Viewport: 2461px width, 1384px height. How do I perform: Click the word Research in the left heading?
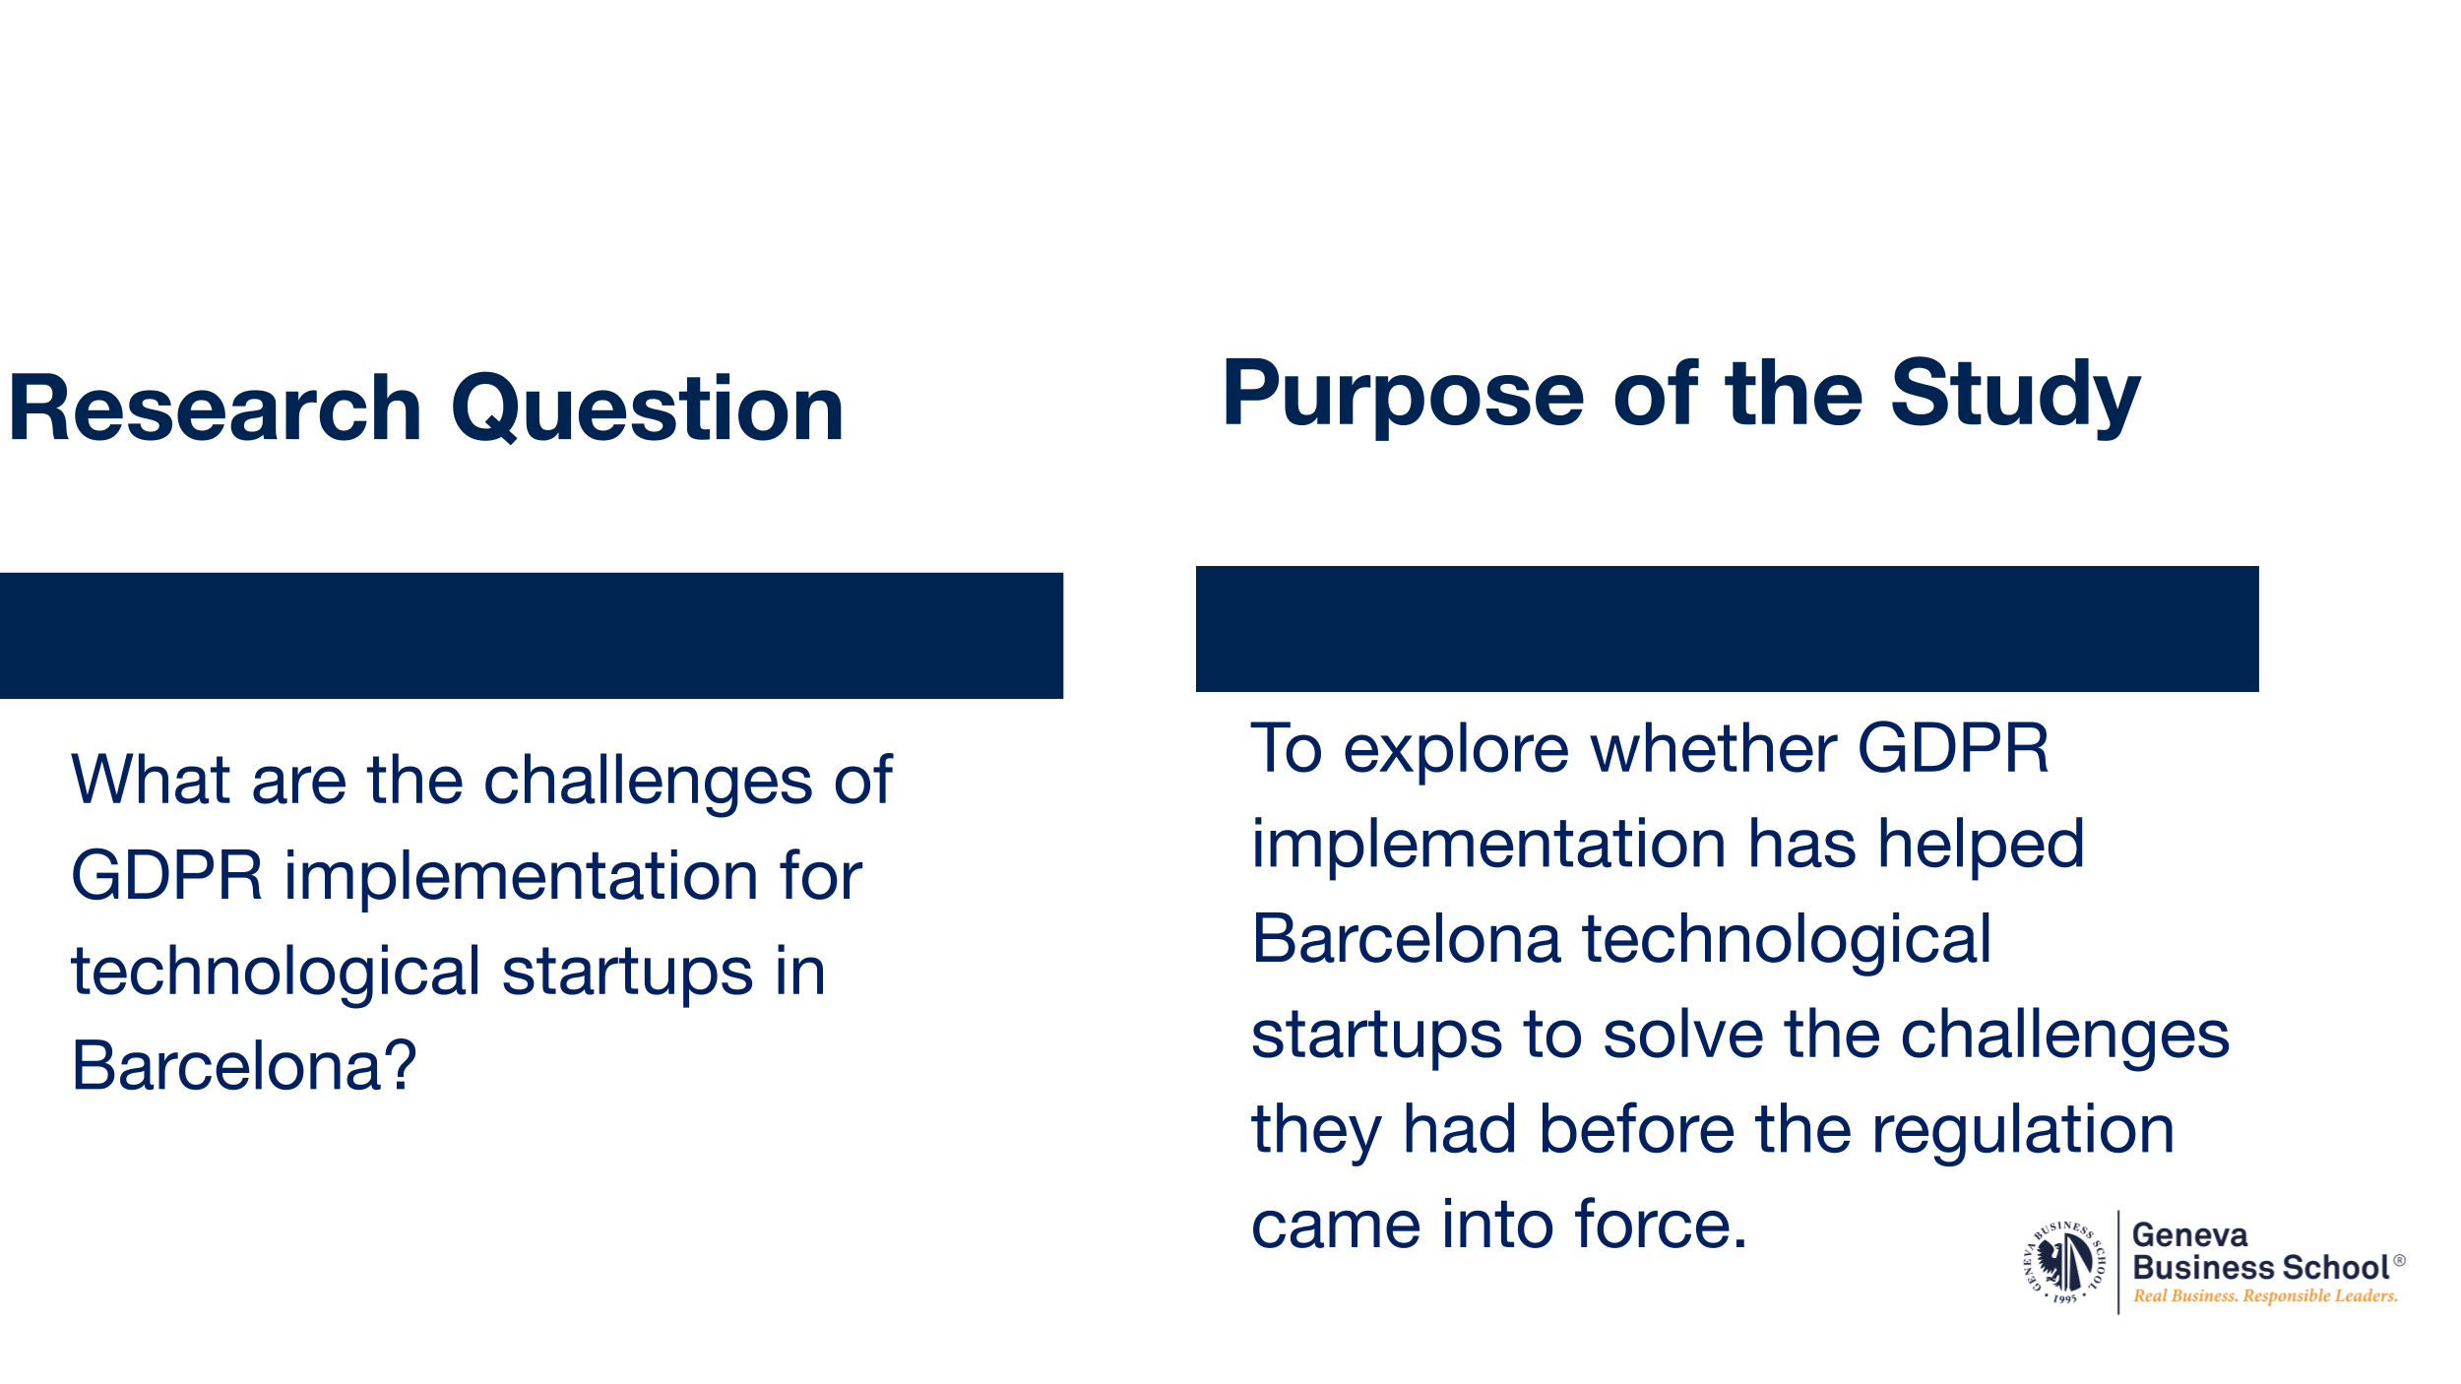click(x=216, y=409)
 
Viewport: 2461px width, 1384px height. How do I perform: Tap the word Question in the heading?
click(x=648, y=410)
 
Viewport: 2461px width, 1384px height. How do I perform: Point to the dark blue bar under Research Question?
click(x=532, y=636)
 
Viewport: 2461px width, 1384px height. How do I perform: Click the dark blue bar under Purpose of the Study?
click(x=1728, y=629)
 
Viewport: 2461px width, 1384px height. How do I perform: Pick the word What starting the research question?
click(x=151, y=780)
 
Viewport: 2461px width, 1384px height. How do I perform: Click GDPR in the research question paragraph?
click(x=167, y=875)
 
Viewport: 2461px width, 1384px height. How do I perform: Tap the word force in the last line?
click(x=1661, y=1226)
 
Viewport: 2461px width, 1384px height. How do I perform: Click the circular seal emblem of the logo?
click(x=2064, y=1263)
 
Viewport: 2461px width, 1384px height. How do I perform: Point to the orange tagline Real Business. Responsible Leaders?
click(x=2265, y=1296)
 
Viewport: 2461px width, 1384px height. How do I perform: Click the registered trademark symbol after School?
click(x=2399, y=1260)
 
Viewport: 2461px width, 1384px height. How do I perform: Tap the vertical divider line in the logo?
click(x=2118, y=1262)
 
